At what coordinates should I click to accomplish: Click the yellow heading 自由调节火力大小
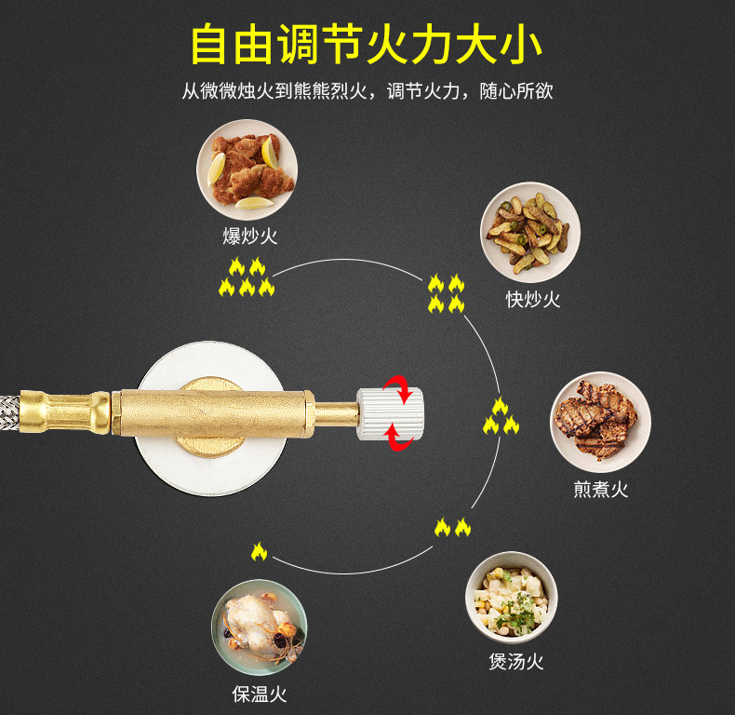367,45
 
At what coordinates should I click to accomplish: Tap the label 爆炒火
249,236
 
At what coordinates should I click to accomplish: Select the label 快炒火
533,299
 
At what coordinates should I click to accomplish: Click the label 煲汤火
515,661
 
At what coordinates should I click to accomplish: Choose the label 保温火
259,694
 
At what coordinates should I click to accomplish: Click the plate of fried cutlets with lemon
247,169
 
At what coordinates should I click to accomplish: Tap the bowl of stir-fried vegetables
530,232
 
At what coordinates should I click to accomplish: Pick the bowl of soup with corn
511,598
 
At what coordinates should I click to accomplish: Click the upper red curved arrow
402,388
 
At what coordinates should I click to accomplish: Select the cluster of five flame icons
247,277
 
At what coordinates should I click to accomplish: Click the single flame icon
259,551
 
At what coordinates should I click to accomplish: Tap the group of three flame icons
501,417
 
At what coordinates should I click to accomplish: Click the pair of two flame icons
453,528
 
